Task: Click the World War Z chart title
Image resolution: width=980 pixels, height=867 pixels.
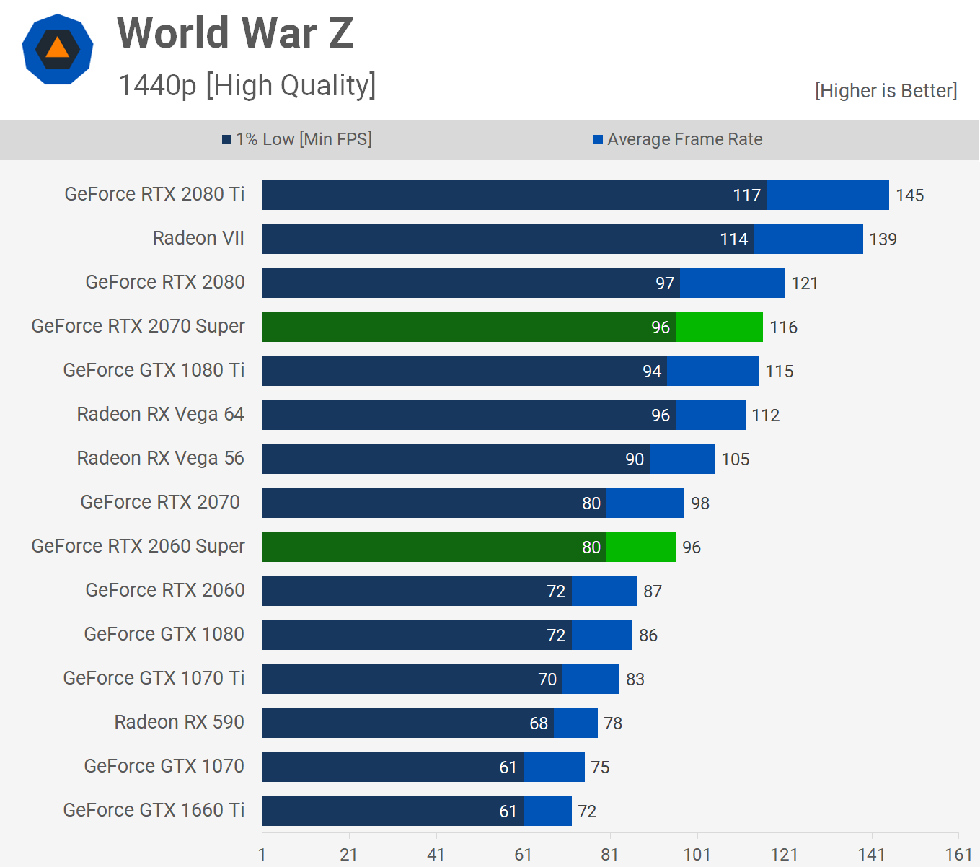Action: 235,33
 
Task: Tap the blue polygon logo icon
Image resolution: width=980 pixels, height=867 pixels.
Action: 58,49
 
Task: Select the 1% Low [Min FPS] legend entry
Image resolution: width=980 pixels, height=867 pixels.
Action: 297,139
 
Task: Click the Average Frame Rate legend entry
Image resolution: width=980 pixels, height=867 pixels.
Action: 678,139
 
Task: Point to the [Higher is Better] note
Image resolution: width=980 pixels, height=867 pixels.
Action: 886,91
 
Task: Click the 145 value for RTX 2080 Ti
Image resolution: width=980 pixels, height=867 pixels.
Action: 909,195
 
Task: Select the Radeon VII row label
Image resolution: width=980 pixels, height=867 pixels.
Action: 198,238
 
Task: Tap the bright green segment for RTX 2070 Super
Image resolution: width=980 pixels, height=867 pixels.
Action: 719,327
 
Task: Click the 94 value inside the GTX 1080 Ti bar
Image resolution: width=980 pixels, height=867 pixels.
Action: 652,371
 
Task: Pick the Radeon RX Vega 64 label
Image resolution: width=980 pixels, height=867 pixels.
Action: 160,414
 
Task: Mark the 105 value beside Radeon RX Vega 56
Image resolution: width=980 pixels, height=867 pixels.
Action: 735,459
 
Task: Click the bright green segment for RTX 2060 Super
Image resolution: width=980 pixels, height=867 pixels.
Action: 640,547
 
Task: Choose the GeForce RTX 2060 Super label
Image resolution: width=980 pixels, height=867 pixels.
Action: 138,546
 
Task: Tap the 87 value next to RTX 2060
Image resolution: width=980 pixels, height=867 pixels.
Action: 652,591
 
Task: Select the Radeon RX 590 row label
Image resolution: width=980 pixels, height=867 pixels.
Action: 179,722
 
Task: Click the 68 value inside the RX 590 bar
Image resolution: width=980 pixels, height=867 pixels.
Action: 539,723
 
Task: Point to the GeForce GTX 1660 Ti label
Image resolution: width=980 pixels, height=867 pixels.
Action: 154,810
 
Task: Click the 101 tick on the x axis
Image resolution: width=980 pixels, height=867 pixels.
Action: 697,855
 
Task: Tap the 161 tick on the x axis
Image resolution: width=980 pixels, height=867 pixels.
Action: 958,855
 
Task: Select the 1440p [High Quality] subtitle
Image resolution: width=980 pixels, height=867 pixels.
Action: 247,85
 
